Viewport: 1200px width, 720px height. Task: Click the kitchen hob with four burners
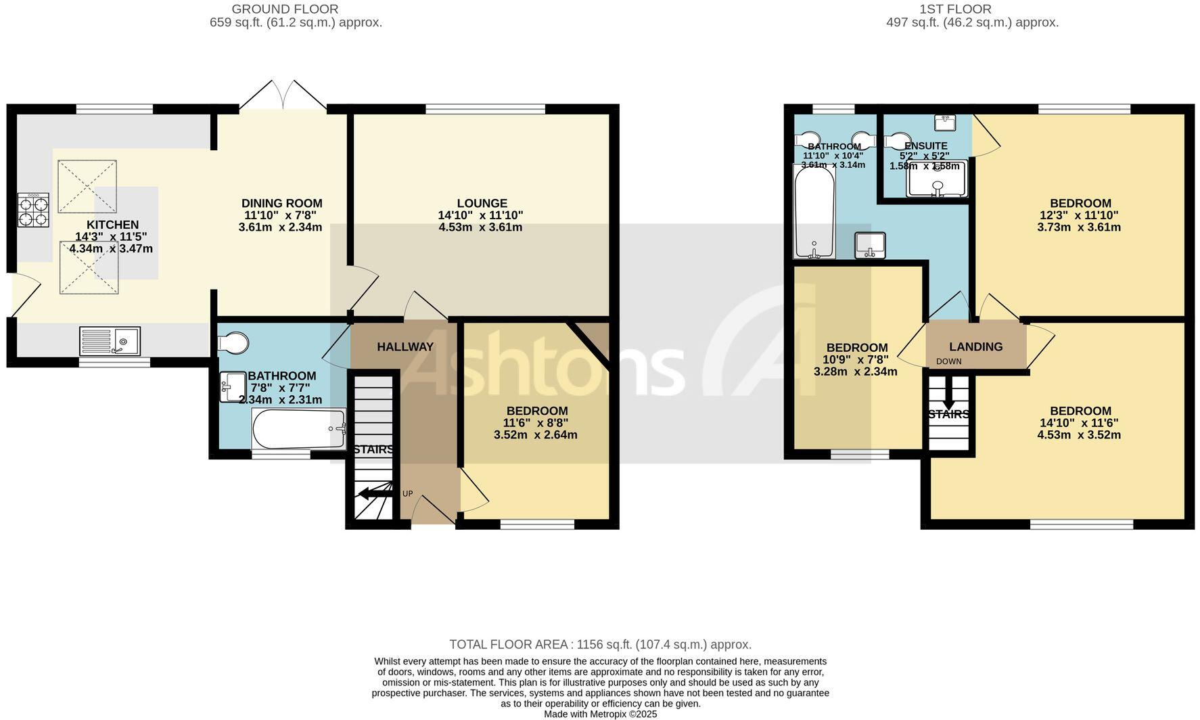click(x=33, y=210)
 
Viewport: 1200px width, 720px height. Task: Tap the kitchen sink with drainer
click(x=110, y=341)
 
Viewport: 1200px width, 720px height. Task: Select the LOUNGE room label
click(x=482, y=203)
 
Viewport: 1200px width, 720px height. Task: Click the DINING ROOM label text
click(x=281, y=203)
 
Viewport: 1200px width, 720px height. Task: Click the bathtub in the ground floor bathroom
click(x=298, y=428)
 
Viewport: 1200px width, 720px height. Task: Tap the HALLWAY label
click(x=405, y=346)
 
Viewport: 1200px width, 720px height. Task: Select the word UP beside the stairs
click(x=407, y=493)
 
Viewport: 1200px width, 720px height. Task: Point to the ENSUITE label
click(x=925, y=146)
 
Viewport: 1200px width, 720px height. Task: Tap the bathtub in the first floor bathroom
click(x=814, y=212)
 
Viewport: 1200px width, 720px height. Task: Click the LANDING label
click(x=975, y=346)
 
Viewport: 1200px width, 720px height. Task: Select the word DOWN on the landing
click(x=948, y=361)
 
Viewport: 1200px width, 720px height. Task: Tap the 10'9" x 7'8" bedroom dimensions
click(x=856, y=359)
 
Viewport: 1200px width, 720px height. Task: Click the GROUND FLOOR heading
click(x=285, y=9)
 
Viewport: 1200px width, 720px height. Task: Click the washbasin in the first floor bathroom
click(x=870, y=245)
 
